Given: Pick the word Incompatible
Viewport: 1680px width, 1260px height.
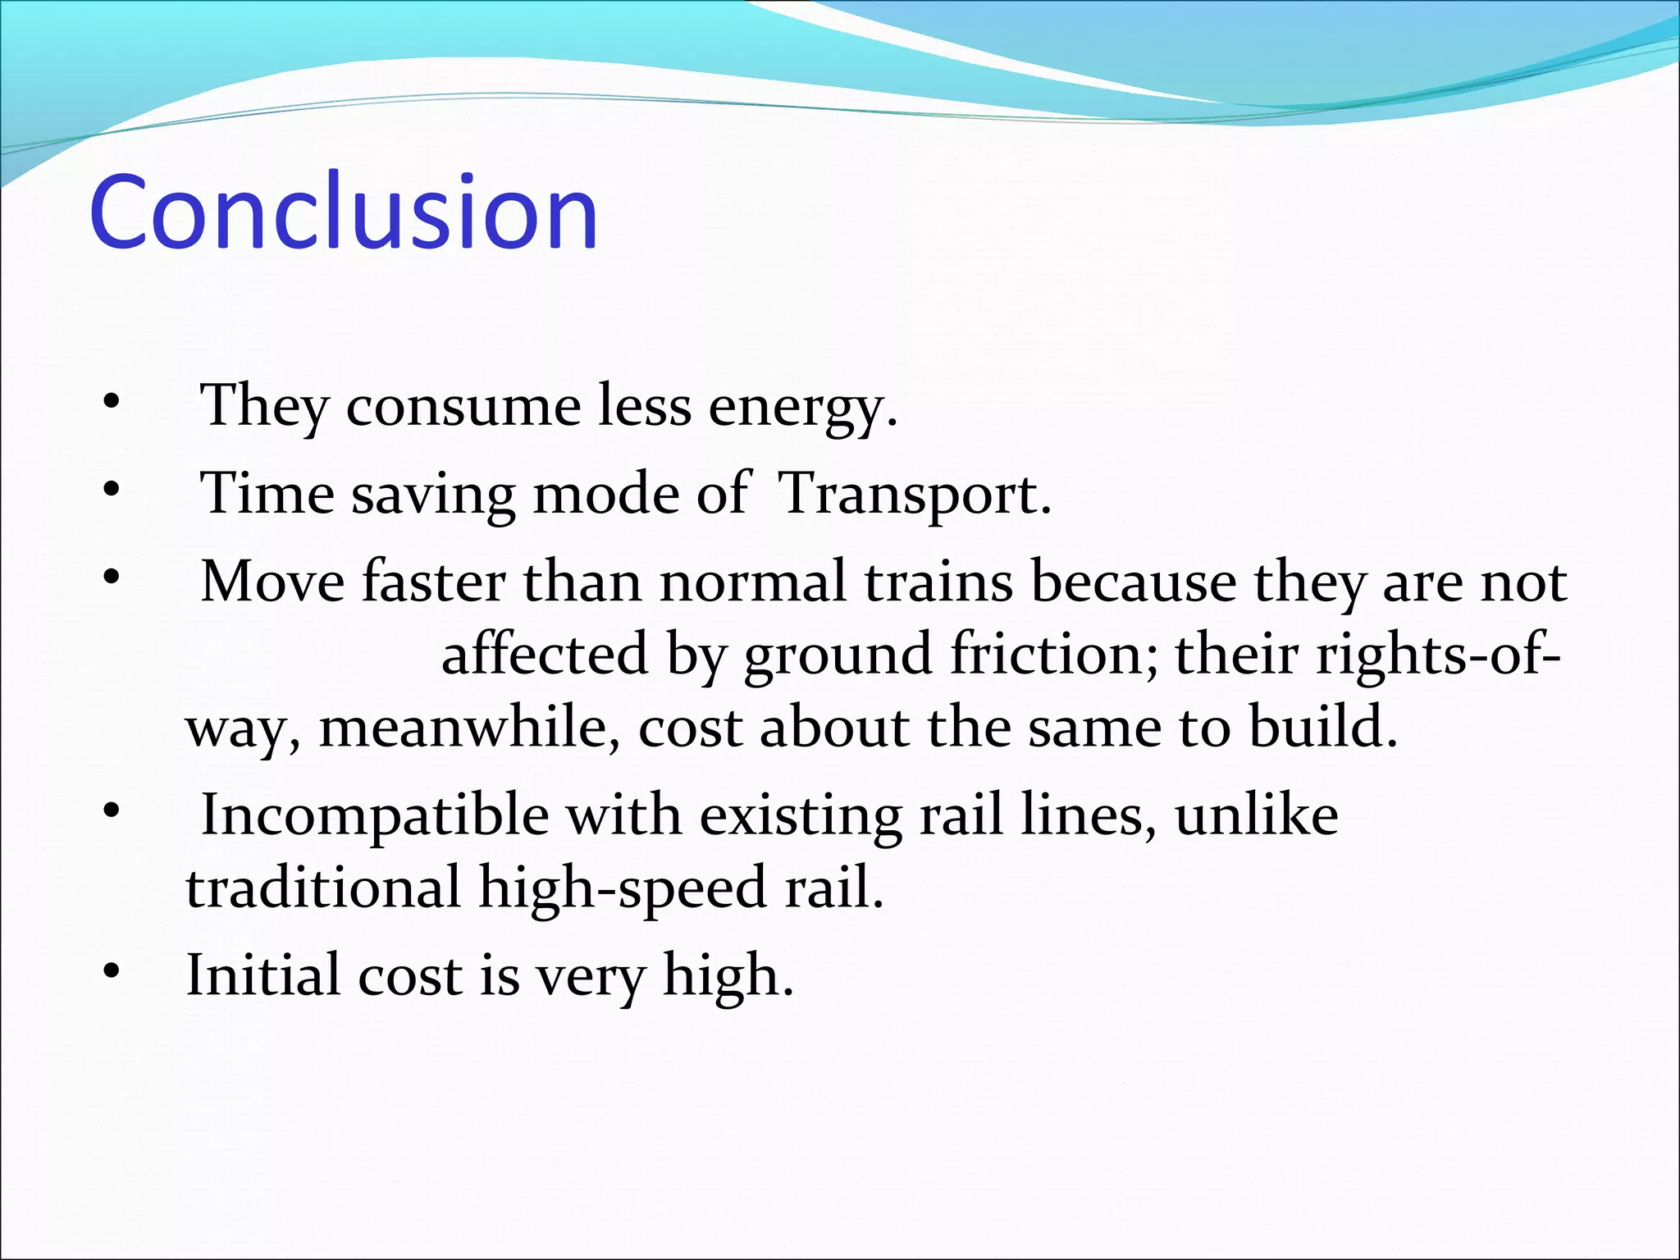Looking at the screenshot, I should click(375, 816).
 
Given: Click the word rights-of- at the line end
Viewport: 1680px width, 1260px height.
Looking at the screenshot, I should click(1437, 655).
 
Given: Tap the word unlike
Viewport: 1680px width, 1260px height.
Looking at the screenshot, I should click(1256, 816).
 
